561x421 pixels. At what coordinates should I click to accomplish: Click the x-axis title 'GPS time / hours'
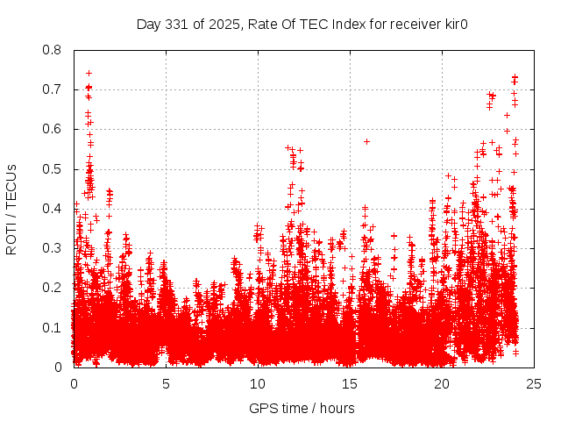tap(302, 408)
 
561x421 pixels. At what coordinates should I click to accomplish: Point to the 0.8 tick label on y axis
tap(53, 50)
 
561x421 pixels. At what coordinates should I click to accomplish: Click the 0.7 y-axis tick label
tap(53, 89)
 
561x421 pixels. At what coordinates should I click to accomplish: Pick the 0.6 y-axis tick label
tap(53, 129)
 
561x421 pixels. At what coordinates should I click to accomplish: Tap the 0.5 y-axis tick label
tap(53, 169)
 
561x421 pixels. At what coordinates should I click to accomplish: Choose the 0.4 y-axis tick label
tap(53, 209)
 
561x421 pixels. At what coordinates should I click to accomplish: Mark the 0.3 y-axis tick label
tap(53, 248)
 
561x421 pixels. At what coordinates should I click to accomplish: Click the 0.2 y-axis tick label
tap(53, 288)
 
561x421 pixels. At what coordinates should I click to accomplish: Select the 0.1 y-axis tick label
tap(53, 328)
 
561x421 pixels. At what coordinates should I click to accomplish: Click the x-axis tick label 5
tap(166, 383)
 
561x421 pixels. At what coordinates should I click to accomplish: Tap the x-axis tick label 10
tap(258, 383)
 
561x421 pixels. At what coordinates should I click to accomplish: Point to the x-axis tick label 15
tap(350, 383)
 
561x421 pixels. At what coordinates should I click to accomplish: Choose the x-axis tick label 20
tap(442, 383)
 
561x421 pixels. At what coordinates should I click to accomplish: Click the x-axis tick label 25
tap(534, 383)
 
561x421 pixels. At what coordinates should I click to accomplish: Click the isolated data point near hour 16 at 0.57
tap(366, 141)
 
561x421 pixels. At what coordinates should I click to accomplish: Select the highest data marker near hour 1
tap(89, 73)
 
